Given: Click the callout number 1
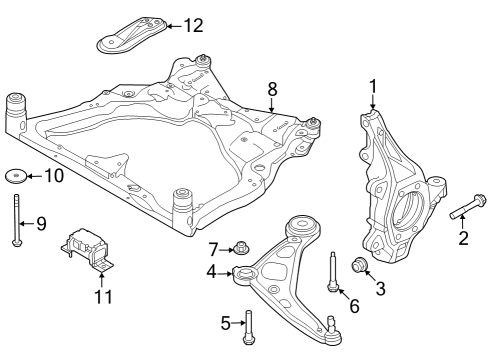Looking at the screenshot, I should pyautogui.click(x=373, y=86).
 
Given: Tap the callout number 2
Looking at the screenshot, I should pyautogui.click(x=463, y=237).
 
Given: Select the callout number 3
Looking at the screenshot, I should pyautogui.click(x=380, y=290).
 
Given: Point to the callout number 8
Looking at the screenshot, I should pyautogui.click(x=212, y=271).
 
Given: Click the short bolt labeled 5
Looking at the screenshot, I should pyautogui.click(x=249, y=324).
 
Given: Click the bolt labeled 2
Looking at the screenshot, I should pyautogui.click(x=467, y=213).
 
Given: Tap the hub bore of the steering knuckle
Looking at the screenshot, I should pyautogui.click(x=405, y=212).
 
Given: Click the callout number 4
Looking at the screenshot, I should pyautogui.click(x=212, y=271).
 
